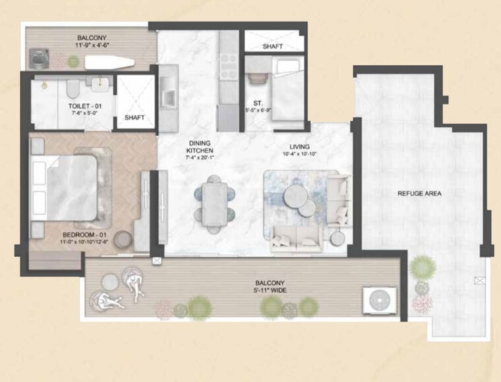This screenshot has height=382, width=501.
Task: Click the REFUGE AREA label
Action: pos(419,194)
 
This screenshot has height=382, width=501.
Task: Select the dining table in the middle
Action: pos(214,203)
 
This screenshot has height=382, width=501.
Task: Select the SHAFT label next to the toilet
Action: pos(135,118)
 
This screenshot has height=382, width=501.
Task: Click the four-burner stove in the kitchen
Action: pos(228,62)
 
